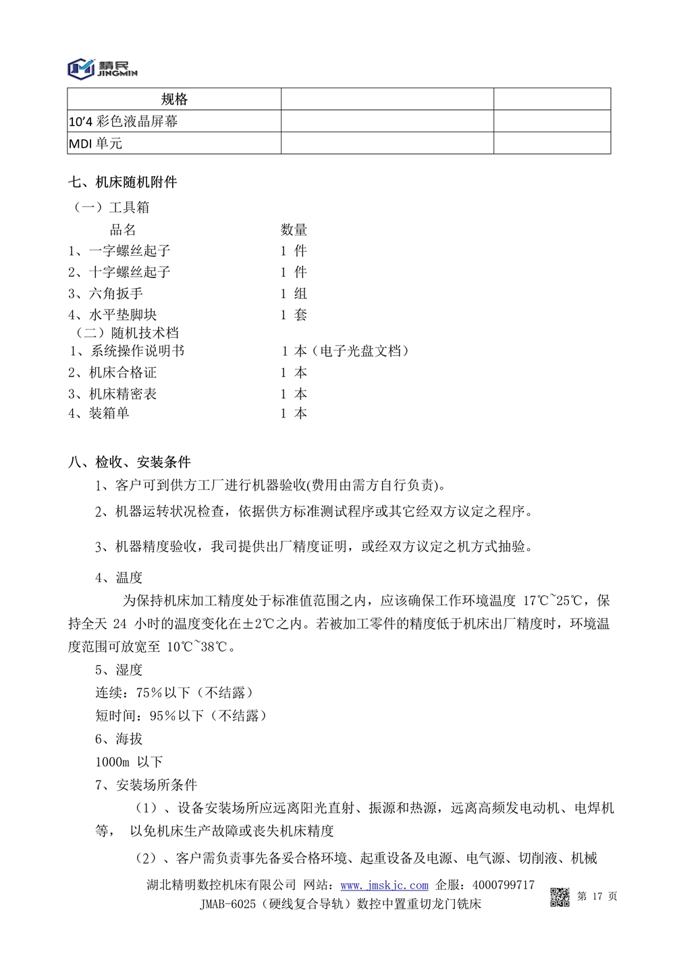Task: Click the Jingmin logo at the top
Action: click(x=102, y=68)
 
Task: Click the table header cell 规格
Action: click(x=174, y=99)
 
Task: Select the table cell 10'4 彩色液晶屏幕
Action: click(x=124, y=121)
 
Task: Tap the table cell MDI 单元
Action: click(x=96, y=144)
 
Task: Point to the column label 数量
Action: click(x=294, y=230)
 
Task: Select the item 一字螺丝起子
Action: click(x=130, y=251)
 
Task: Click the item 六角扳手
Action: click(x=116, y=293)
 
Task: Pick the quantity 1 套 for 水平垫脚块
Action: click(x=294, y=314)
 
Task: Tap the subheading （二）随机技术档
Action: click(x=126, y=333)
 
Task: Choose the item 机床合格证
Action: click(x=123, y=372)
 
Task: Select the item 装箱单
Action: click(x=109, y=413)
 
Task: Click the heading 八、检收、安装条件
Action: click(x=130, y=462)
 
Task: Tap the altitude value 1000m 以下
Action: click(x=129, y=762)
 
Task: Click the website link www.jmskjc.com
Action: click(x=384, y=885)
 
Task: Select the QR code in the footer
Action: click(x=560, y=897)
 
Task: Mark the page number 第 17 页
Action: click(x=597, y=896)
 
